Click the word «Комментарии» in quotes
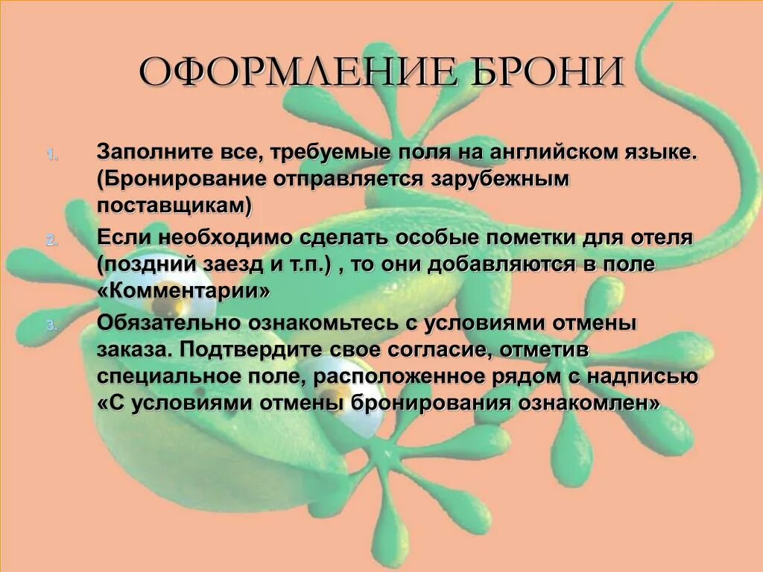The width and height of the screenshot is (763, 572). (x=183, y=291)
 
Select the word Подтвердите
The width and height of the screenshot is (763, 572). (x=246, y=349)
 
